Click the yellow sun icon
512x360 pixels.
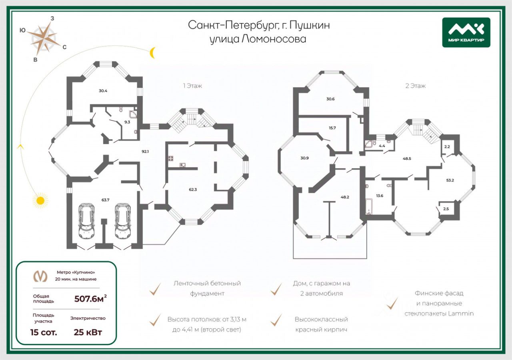(40, 200)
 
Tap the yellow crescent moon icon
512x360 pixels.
(152, 53)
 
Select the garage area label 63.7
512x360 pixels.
(105, 200)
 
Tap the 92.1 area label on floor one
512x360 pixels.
(145, 151)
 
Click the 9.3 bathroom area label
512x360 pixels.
(127, 122)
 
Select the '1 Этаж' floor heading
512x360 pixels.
(192, 86)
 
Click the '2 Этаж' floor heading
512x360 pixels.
(415, 86)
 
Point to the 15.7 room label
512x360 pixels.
(332, 128)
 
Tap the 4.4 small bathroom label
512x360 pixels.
(382, 146)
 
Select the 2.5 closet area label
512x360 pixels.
(446, 209)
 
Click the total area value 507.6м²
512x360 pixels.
(90, 298)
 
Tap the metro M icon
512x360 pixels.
(40, 276)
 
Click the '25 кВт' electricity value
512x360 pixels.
(88, 332)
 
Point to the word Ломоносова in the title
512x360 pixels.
(274, 39)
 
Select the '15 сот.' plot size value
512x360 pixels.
(44, 332)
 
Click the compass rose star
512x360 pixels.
(44, 38)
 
